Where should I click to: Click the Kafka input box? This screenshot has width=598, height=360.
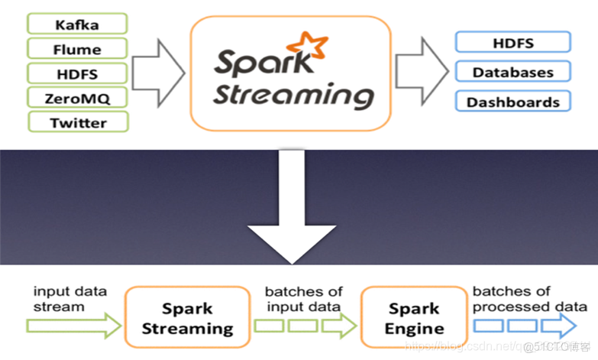point(78,24)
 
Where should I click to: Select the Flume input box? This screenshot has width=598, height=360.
point(78,50)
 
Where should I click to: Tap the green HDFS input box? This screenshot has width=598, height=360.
point(78,73)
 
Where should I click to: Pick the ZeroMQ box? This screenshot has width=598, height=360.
point(78,97)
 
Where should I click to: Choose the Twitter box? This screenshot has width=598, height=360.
point(78,122)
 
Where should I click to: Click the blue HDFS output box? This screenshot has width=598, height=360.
point(512,44)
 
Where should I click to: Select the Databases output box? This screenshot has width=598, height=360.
point(512,73)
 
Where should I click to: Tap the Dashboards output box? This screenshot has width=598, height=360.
point(512,101)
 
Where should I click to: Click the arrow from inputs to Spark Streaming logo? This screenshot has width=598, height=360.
point(160,73)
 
